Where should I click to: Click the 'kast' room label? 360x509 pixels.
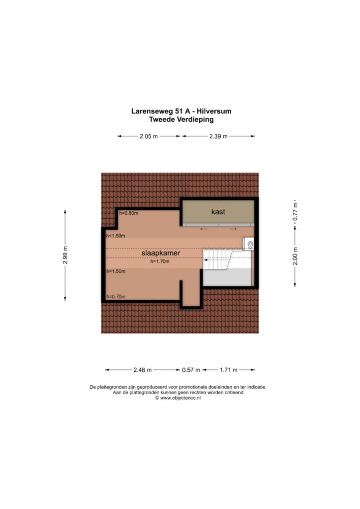218,212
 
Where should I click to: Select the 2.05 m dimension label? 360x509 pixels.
149,136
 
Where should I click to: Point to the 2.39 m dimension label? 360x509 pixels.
218,136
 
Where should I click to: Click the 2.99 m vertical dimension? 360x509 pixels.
65,255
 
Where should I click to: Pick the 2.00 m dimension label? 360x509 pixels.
295,256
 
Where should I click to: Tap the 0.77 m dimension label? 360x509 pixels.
295,212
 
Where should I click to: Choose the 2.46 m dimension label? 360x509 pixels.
143,370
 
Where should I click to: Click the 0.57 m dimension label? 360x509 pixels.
191,370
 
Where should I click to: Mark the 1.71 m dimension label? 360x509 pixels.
229,370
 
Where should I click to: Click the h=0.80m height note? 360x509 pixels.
129,213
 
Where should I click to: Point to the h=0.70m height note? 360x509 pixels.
116,296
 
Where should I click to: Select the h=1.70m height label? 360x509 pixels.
160,261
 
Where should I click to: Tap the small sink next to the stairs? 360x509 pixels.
249,244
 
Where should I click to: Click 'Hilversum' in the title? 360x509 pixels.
216,111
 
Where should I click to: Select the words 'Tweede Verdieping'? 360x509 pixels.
181,119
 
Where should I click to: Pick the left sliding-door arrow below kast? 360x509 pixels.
204,229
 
